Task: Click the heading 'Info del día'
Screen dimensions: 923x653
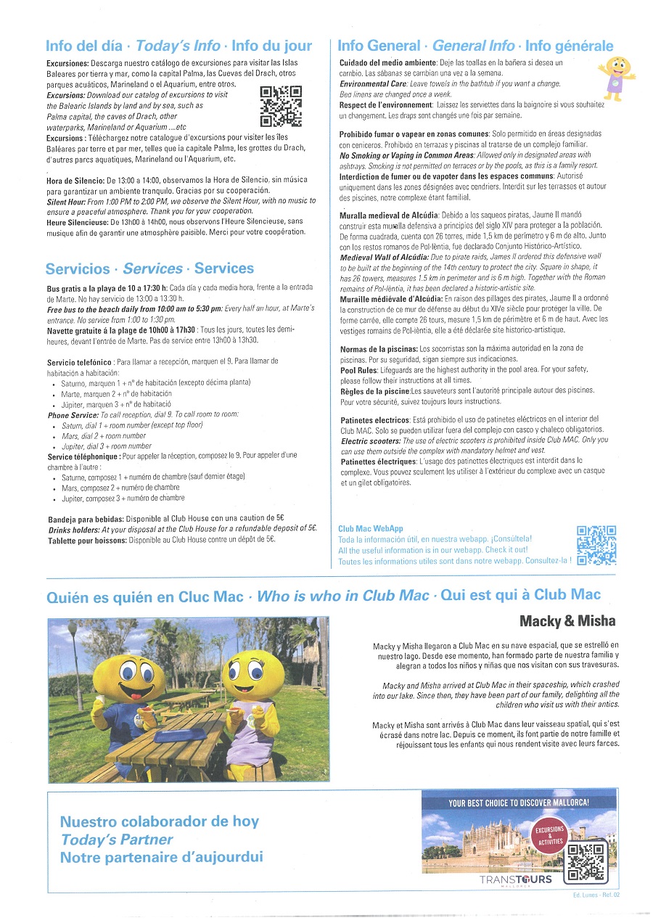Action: point(84,46)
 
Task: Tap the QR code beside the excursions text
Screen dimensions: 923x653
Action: point(280,106)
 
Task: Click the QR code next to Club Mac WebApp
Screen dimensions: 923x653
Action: point(596,545)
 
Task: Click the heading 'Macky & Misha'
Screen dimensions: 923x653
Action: point(567,621)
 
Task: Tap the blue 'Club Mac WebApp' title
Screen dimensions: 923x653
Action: point(370,529)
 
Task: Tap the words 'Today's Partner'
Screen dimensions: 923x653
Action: point(117,840)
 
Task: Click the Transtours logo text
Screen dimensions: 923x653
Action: point(516,879)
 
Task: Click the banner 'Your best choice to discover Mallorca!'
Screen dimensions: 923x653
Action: point(519,803)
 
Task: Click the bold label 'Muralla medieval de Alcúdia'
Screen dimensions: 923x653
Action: point(387,216)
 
